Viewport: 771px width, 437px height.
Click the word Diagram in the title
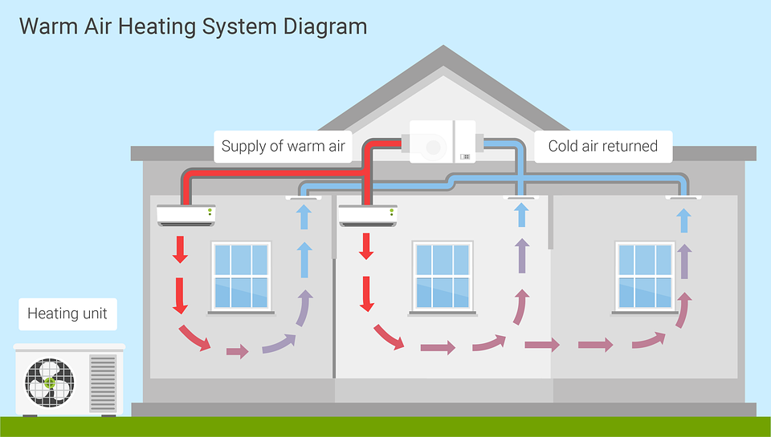(x=325, y=26)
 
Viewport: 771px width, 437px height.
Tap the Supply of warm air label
(x=284, y=146)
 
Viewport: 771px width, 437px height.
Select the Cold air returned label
(x=603, y=146)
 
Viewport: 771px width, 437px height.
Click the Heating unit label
(x=67, y=314)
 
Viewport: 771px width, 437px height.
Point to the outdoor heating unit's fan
(x=50, y=383)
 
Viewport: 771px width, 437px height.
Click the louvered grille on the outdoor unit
(x=103, y=383)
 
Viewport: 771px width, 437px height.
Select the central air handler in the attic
(x=443, y=141)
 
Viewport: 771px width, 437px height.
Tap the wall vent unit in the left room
(x=186, y=216)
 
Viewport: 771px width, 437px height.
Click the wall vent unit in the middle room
(x=368, y=216)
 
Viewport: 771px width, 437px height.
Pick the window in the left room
(x=242, y=278)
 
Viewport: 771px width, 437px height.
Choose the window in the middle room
(x=443, y=278)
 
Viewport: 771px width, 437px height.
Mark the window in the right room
(x=645, y=278)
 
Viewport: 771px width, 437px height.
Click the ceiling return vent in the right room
(x=683, y=197)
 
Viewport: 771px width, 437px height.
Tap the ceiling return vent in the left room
(x=304, y=197)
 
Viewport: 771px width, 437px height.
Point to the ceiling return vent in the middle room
(x=521, y=197)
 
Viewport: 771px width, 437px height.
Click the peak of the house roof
(x=443, y=46)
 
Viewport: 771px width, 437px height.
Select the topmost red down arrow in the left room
(x=180, y=249)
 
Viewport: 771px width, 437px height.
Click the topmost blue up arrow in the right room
(x=683, y=221)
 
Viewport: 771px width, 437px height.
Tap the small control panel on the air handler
(x=465, y=156)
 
